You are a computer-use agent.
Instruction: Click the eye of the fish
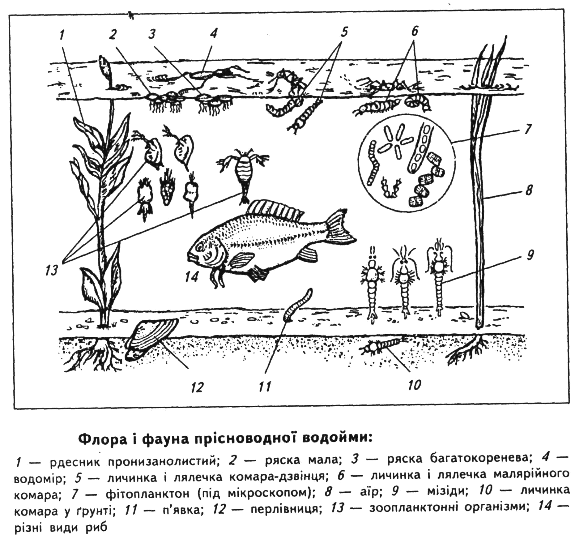(x=201, y=246)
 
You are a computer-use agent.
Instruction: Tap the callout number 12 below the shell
(x=198, y=387)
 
